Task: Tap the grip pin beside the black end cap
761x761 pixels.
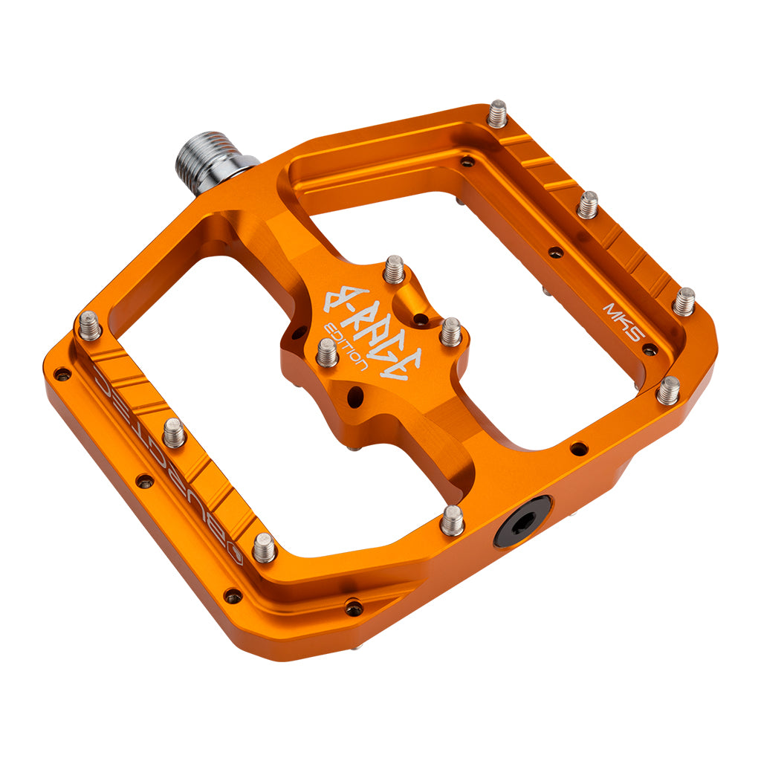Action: coord(452,520)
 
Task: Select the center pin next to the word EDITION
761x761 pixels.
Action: coord(327,352)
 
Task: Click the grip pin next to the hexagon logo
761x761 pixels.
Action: coord(264,548)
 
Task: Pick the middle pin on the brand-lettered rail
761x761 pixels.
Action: coord(174,433)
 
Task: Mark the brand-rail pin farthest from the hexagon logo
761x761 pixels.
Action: coord(90,326)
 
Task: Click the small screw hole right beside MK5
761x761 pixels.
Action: coord(650,349)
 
